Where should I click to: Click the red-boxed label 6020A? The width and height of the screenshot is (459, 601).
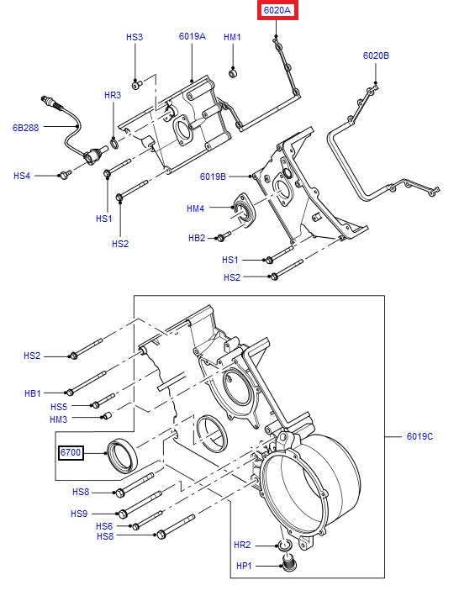tap(277, 11)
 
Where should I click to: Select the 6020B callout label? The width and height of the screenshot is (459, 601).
tap(376, 55)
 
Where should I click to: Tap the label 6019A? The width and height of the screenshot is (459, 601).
tap(192, 37)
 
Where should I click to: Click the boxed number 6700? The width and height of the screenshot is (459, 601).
tap(71, 453)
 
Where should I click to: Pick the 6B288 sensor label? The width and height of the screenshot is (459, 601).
tap(26, 129)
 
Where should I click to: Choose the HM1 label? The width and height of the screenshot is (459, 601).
tap(232, 37)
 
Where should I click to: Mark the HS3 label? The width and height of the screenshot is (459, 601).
tap(135, 37)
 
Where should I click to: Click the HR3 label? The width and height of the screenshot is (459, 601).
tap(113, 96)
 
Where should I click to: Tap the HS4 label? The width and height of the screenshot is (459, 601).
tap(22, 176)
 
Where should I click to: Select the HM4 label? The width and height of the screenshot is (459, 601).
tap(195, 208)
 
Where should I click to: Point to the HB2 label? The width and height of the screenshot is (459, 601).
tap(196, 238)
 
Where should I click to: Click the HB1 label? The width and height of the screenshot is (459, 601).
tap(33, 393)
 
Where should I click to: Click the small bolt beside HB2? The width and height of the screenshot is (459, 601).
tap(224, 238)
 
